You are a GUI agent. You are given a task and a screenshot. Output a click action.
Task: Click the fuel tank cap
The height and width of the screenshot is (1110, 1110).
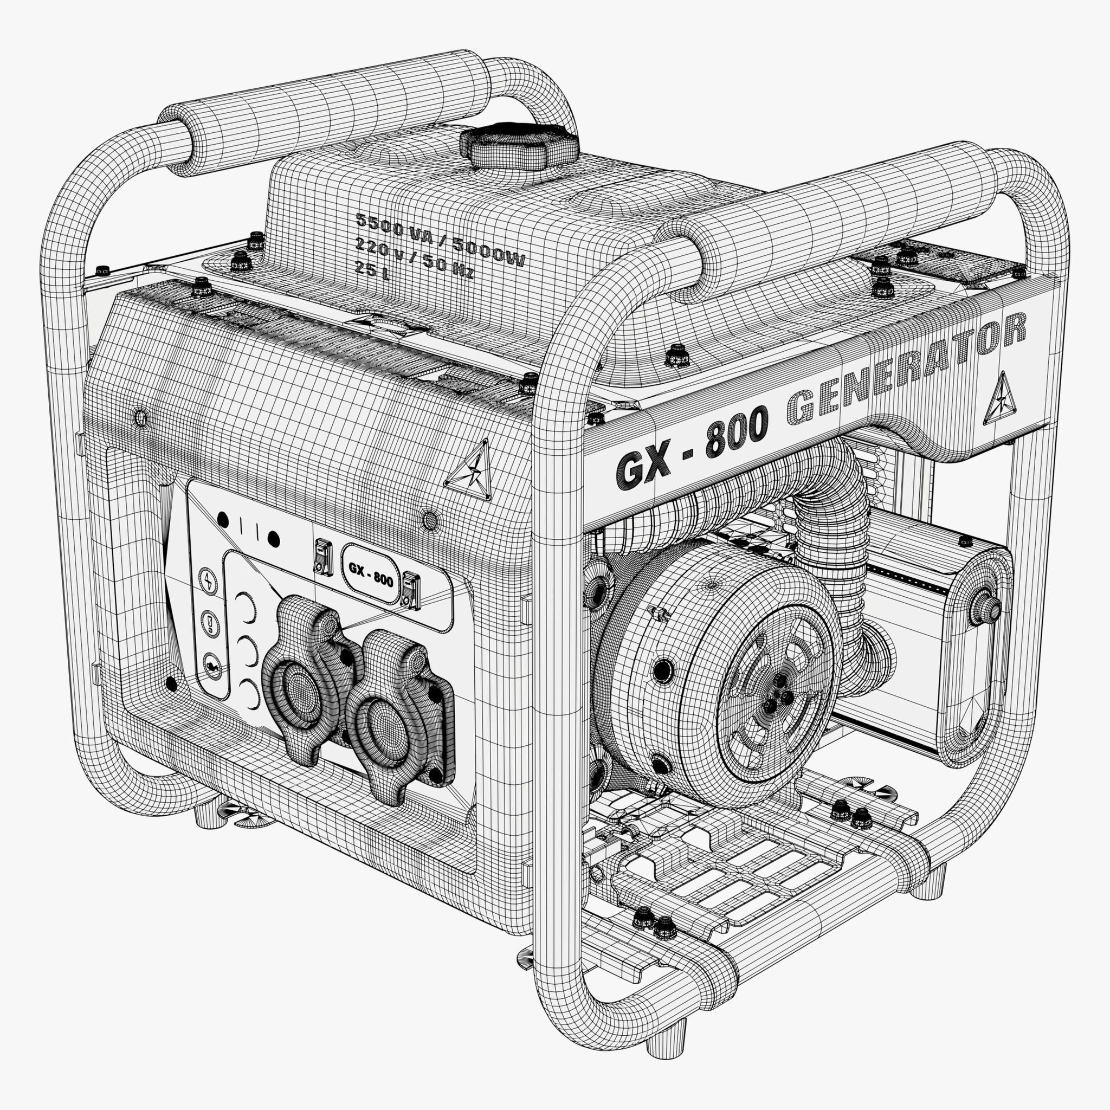520,146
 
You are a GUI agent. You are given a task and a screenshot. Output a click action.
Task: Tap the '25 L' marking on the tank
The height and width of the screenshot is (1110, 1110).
372,268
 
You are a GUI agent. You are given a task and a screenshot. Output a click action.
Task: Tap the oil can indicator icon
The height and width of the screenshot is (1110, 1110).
212,666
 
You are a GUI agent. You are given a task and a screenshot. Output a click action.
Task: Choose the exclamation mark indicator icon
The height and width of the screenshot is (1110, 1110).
210,623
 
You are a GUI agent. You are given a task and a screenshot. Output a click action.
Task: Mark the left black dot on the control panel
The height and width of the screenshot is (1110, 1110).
223,520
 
